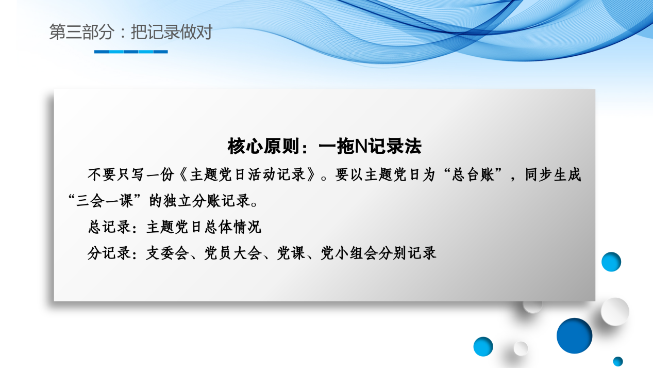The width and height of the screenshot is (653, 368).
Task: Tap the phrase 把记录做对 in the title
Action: (172, 33)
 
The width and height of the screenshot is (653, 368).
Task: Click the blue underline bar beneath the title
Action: (131, 52)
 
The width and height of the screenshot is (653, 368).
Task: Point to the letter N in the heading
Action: (361, 147)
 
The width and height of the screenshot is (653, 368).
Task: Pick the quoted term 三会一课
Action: (106, 200)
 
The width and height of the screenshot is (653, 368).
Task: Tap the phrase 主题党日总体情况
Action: (204, 227)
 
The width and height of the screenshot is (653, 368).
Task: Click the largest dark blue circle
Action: (574, 335)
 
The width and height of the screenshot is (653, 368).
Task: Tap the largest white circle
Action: (615, 311)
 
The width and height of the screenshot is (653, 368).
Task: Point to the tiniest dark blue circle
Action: (618, 361)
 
